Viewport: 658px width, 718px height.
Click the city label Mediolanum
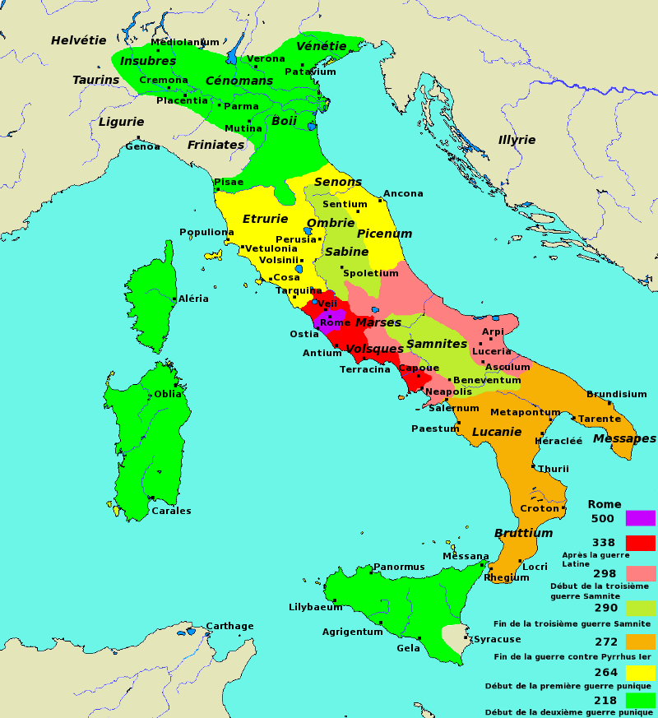[185, 42]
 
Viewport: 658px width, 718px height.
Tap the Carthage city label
[229, 626]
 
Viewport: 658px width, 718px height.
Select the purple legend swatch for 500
[640, 518]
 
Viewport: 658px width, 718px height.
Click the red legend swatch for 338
[640, 543]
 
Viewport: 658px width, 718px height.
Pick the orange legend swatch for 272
[640, 642]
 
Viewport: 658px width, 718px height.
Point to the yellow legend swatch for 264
[640, 673]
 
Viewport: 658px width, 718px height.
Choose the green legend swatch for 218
[640, 700]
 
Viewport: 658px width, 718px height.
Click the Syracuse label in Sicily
[497, 639]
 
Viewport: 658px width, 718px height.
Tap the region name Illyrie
[517, 140]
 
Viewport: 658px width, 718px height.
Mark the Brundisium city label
[616, 394]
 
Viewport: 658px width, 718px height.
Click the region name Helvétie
[79, 40]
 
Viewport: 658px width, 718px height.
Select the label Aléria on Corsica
[193, 299]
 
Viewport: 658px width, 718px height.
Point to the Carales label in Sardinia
[171, 511]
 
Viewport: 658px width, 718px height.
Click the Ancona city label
[403, 194]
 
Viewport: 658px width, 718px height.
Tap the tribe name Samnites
[437, 344]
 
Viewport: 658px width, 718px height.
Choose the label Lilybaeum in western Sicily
[315, 607]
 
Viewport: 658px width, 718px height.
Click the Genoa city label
[142, 146]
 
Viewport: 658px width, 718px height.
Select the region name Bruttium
[523, 533]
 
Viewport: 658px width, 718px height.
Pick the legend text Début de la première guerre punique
[568, 686]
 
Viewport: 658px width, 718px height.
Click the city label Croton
[540, 508]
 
